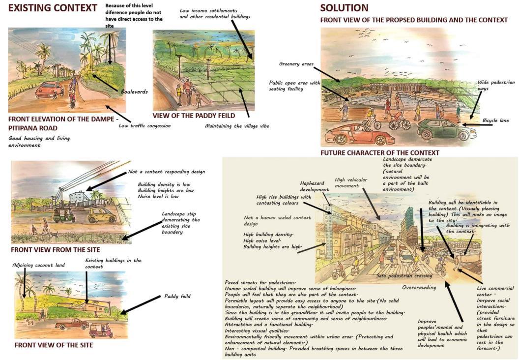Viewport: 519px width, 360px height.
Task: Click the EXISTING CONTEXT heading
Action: [53, 8]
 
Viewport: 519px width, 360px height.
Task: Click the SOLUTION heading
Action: [344, 8]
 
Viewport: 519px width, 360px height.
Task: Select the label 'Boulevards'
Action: [134, 91]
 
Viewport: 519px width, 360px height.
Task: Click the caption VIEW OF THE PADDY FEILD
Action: [194, 116]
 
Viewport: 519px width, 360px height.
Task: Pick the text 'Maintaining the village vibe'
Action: [236, 126]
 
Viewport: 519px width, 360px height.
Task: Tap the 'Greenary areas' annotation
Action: [296, 63]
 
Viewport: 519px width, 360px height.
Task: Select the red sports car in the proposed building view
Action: [352, 133]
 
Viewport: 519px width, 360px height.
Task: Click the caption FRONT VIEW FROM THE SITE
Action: [55, 250]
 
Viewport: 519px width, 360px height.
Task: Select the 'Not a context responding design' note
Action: [167, 172]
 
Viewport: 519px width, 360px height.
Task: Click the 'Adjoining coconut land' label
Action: [39, 265]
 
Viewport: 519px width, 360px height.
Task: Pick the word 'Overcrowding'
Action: [419, 287]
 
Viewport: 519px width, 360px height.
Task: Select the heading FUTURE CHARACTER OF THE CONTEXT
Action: [379, 153]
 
